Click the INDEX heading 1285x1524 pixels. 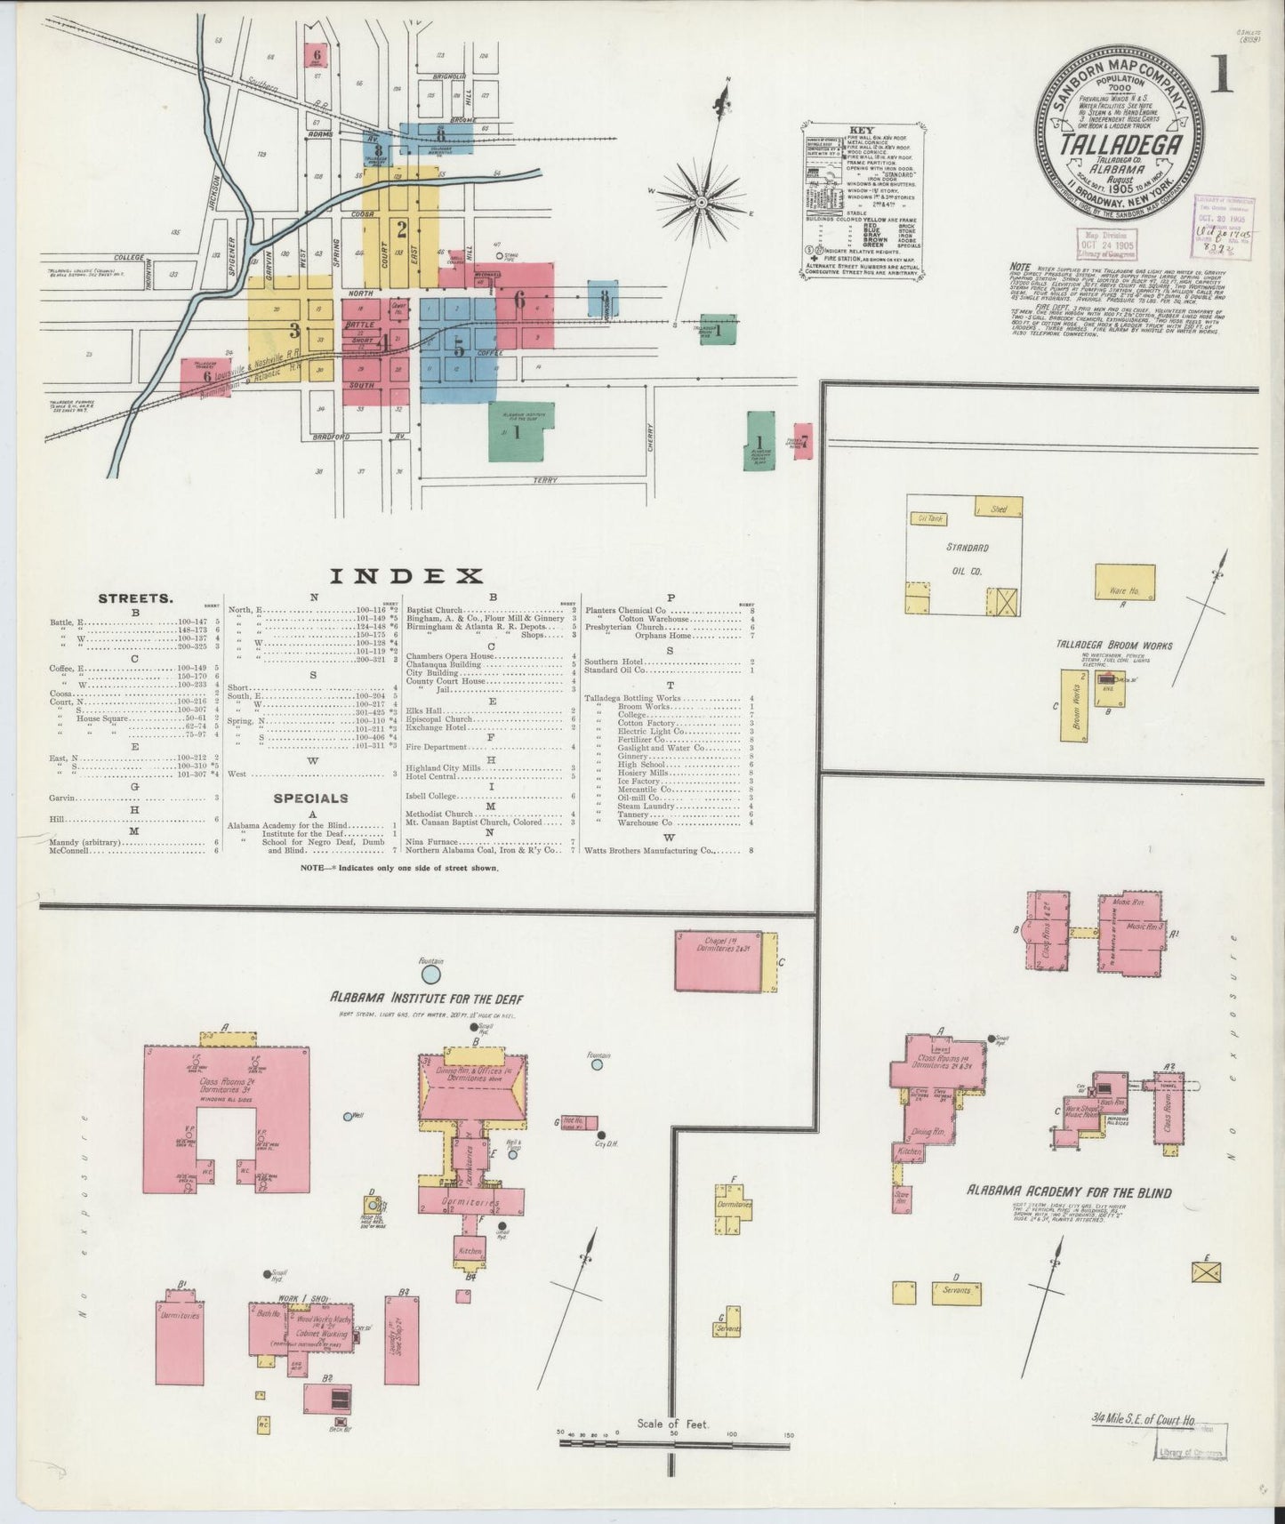(x=406, y=576)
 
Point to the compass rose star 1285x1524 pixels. (x=701, y=203)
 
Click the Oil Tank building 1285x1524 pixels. (x=928, y=517)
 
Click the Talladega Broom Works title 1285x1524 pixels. (x=1113, y=646)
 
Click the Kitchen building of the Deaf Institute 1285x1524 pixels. (x=470, y=1250)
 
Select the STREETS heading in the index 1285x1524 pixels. (x=135, y=598)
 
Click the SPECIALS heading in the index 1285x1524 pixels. (x=310, y=798)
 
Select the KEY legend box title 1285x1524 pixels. (x=862, y=130)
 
